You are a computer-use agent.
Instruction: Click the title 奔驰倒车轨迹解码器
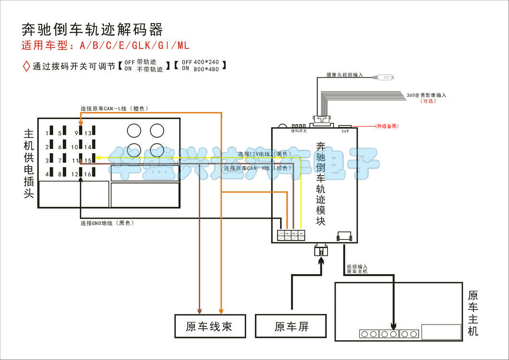[92, 30]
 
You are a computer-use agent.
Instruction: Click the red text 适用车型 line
[106, 46]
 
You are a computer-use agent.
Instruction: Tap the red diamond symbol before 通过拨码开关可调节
[26, 66]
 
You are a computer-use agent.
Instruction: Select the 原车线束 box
[209, 326]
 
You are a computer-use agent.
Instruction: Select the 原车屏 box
[291, 326]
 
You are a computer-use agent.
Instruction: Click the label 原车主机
[473, 312]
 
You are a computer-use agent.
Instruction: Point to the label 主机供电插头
[28, 163]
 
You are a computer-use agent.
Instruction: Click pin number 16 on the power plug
[88, 174]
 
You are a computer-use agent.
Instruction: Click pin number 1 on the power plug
[47, 133]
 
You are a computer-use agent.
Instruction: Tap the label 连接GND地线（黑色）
[107, 223]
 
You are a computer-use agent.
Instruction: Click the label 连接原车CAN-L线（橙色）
[114, 109]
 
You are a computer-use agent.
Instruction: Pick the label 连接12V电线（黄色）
[265, 154]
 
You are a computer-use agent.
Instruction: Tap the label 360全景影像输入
[426, 95]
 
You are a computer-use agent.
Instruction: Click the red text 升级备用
[387, 126]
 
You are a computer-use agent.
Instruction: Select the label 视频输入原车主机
[357, 269]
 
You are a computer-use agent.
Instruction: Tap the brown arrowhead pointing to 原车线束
[199, 310]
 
